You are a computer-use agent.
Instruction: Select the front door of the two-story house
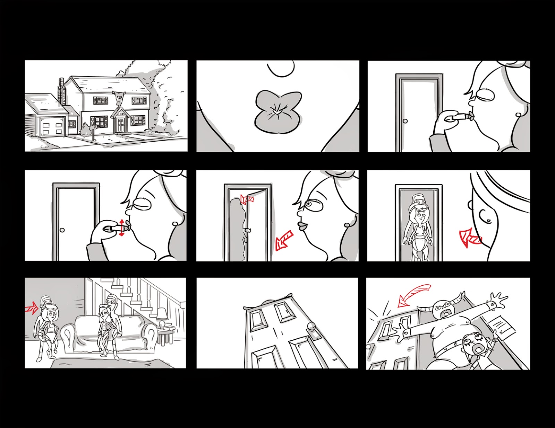coord(120,124)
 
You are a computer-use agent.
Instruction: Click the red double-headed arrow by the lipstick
coord(121,228)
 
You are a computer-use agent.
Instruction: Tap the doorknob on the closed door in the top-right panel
coord(405,121)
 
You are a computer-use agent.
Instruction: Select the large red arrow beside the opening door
coord(284,240)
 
